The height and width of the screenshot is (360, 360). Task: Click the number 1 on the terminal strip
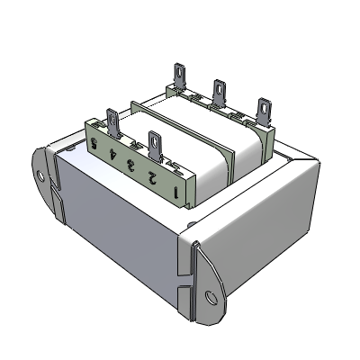click(177, 190)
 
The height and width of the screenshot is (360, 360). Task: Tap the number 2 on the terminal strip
click(154, 175)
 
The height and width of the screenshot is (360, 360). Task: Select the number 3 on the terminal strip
click(131, 164)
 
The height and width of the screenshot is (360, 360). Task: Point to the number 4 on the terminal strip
click(112, 153)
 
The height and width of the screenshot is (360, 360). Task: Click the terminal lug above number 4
click(113, 121)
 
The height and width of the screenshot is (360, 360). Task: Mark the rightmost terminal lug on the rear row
click(265, 111)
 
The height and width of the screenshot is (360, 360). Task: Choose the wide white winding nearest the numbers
click(193, 153)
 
